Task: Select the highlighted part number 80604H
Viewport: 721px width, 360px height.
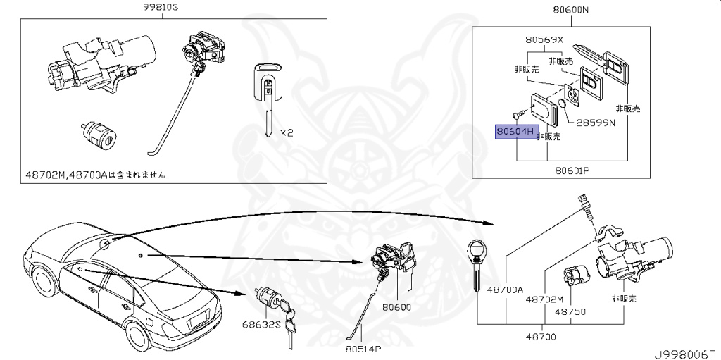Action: (517, 132)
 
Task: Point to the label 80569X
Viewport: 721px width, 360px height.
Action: (543, 40)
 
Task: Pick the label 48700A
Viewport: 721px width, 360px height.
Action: (507, 290)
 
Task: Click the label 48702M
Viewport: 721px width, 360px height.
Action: (545, 299)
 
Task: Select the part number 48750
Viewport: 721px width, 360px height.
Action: (570, 310)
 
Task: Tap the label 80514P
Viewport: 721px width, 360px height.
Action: (363, 348)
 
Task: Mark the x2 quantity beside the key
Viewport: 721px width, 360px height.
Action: (287, 132)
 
